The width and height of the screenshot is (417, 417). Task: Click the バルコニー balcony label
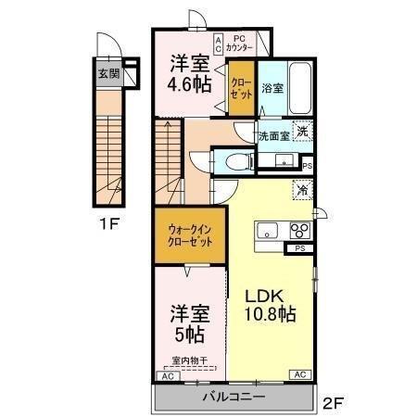click(x=234, y=397)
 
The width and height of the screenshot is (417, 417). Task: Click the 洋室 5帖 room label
click(x=187, y=321)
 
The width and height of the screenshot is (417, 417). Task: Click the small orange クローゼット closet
click(x=242, y=88)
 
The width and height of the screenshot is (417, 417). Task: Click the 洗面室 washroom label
click(x=272, y=135)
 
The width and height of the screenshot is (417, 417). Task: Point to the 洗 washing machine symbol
click(x=302, y=132)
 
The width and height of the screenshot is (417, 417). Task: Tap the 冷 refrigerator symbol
click(x=302, y=188)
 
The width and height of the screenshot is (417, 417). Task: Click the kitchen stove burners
click(x=299, y=232)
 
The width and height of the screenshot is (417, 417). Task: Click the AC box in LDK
click(x=300, y=375)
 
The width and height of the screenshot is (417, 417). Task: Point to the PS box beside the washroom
click(x=308, y=166)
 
